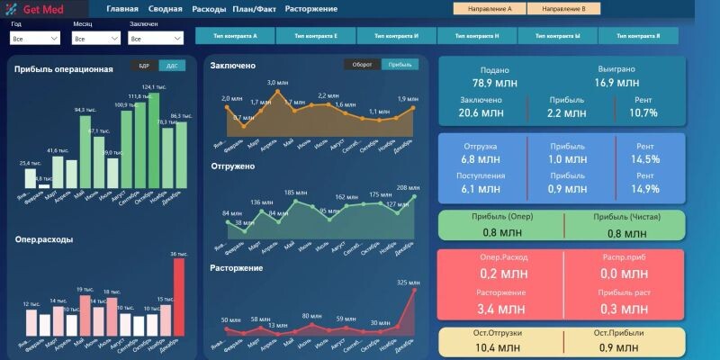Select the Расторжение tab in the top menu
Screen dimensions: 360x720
click(x=310, y=9)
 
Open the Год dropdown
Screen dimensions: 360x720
click(x=35, y=39)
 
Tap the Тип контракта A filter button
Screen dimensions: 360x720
click(x=236, y=36)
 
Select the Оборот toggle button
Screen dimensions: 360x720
click(x=363, y=65)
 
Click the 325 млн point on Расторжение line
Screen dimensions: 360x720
click(x=414, y=290)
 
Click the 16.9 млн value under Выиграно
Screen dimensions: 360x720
click(x=616, y=83)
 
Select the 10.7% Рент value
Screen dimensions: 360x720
click(x=643, y=113)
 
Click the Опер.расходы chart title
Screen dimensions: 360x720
click(x=44, y=239)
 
